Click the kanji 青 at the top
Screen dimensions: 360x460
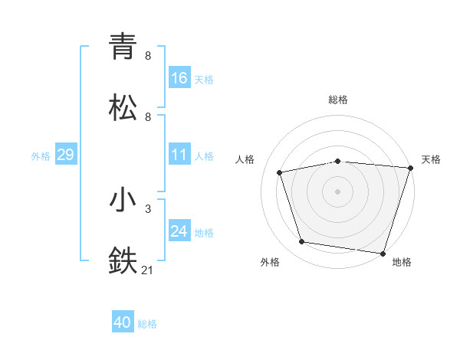point(123,47)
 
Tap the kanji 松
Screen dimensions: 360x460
point(123,107)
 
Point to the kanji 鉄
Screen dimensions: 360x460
point(123,260)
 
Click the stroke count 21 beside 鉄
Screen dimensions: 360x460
point(148,270)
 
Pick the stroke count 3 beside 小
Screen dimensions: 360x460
point(148,208)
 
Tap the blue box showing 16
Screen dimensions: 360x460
point(179,77)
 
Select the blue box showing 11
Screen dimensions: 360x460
point(179,155)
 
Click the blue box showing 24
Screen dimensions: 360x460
point(179,231)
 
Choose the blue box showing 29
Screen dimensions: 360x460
point(65,155)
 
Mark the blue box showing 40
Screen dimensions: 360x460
point(123,322)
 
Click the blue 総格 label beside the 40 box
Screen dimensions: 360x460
point(147,324)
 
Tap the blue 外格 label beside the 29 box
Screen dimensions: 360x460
point(41,156)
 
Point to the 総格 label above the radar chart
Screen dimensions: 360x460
point(338,100)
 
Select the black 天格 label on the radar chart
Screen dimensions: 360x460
point(431,159)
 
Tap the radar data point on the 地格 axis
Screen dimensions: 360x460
point(383,253)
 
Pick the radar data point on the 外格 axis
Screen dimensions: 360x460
point(302,242)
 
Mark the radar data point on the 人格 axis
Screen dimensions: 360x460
point(280,172)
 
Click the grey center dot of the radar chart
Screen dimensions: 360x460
point(338,191)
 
